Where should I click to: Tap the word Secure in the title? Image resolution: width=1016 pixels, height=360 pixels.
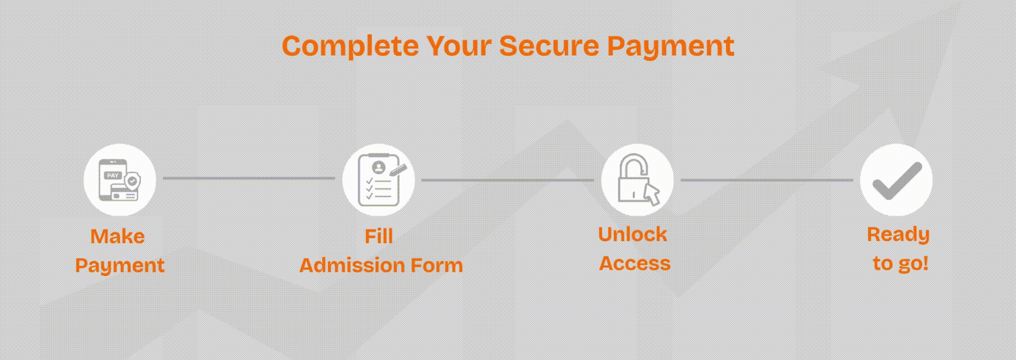549,46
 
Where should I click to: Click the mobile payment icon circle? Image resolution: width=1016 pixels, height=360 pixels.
120,180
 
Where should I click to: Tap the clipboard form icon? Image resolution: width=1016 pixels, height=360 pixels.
378,180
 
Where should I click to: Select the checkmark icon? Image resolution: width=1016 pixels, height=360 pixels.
896,180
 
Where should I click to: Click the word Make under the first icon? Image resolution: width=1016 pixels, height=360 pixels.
117,236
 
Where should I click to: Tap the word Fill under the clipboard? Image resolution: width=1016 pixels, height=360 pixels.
379,236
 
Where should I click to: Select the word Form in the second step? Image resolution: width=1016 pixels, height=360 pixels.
437,265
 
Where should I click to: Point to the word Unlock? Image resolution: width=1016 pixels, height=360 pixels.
632,235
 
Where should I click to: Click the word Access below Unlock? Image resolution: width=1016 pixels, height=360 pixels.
634,264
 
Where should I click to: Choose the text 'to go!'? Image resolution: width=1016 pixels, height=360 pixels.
900,264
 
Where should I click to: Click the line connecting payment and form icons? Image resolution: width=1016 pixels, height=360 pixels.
249,178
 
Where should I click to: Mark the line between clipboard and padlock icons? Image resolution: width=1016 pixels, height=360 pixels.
508,180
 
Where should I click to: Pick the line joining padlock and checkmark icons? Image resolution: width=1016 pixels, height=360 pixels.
767,180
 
